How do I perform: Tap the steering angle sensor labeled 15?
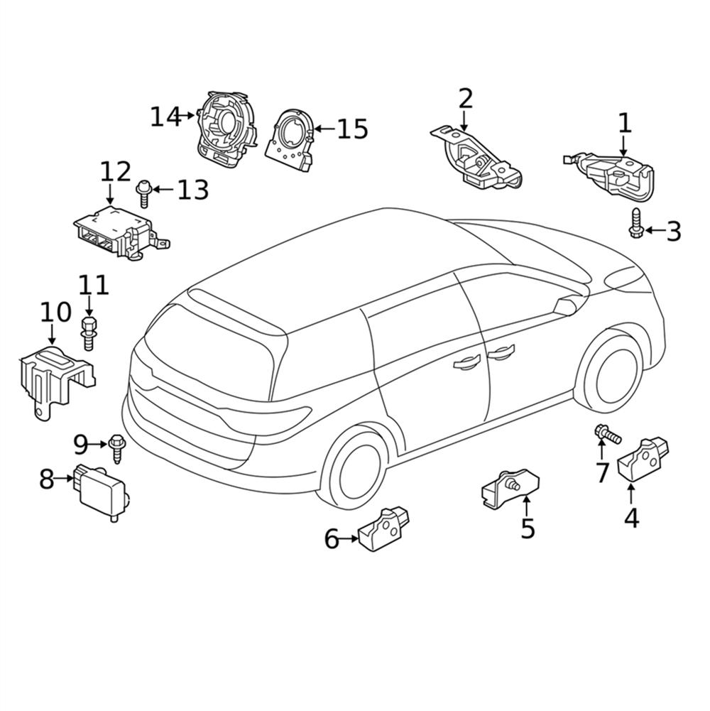[290, 141]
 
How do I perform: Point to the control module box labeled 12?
[121, 233]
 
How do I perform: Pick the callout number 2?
[466, 99]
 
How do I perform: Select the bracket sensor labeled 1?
[610, 176]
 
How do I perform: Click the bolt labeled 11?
[89, 333]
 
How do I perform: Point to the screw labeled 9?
[116, 448]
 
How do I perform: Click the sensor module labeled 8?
[101, 492]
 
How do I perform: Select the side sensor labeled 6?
[383, 530]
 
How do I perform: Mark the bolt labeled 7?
[608, 434]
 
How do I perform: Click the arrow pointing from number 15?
[324, 129]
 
